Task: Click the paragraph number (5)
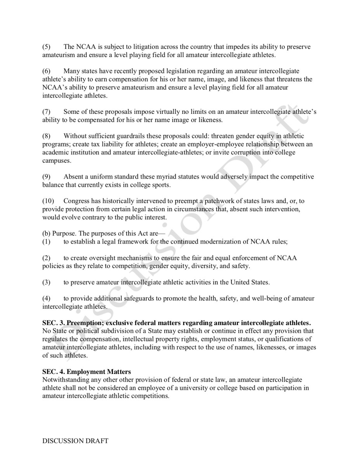(x=46, y=47)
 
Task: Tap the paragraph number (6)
(x=46, y=71)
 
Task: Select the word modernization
(x=227, y=242)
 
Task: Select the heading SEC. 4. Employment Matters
(x=87, y=372)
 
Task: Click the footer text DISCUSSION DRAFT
(x=75, y=441)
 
